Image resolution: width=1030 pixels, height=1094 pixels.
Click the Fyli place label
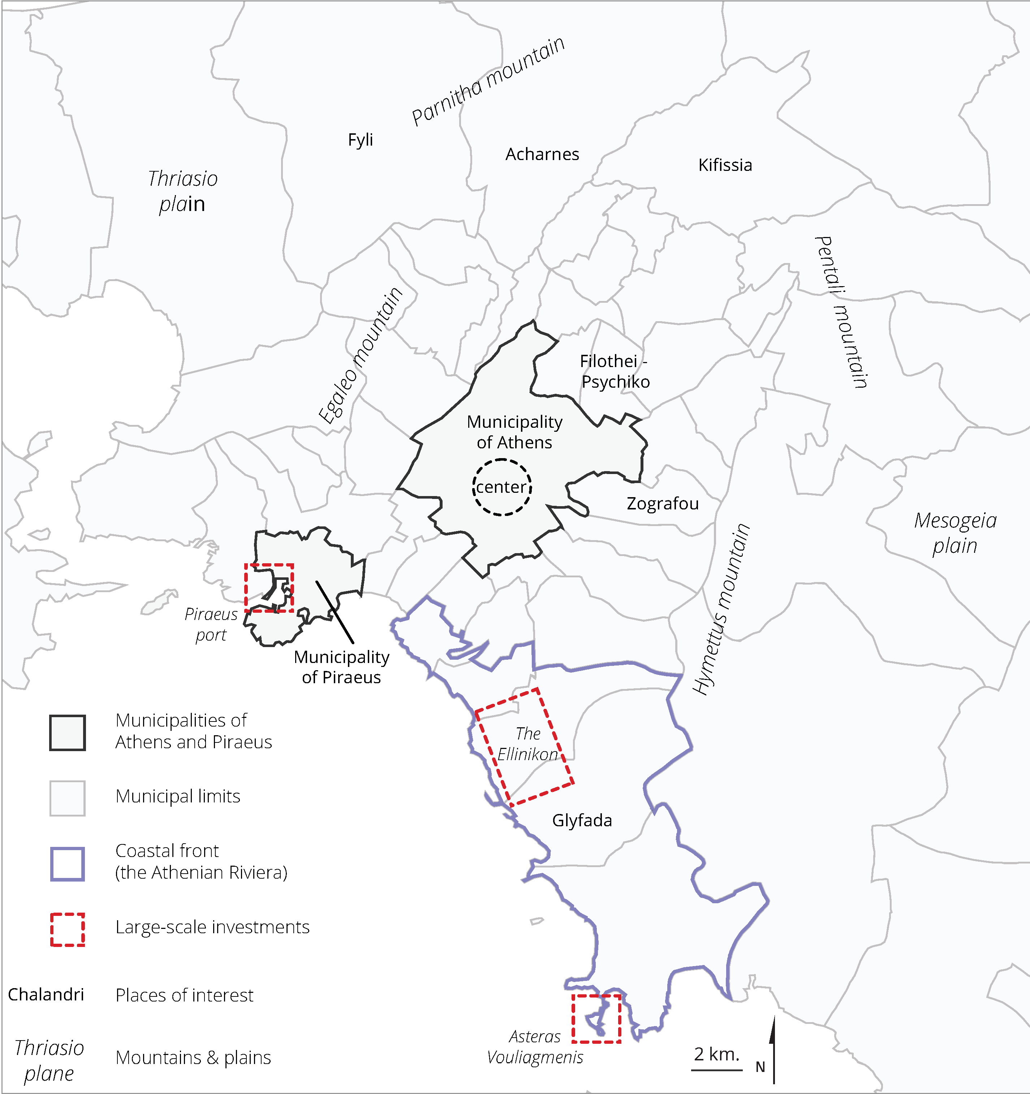coord(361,140)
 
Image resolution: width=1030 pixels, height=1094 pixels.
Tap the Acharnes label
coord(542,154)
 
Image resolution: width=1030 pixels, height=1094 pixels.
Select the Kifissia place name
coord(725,165)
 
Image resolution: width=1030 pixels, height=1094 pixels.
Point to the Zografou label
coord(663,504)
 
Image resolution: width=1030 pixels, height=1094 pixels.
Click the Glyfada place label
coord(582,820)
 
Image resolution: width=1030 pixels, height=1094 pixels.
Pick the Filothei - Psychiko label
coord(615,371)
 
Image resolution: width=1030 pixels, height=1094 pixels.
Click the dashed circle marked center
coord(501,487)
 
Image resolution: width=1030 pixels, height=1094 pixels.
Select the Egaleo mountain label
coord(361,356)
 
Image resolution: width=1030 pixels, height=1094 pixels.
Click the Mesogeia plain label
coord(955,533)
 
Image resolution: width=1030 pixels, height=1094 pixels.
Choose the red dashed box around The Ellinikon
coord(524,747)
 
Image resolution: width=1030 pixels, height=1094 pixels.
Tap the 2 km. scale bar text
coord(716,1054)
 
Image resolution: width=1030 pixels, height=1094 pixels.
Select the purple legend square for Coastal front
coord(67,864)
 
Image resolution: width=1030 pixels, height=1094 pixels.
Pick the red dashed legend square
coord(67,930)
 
